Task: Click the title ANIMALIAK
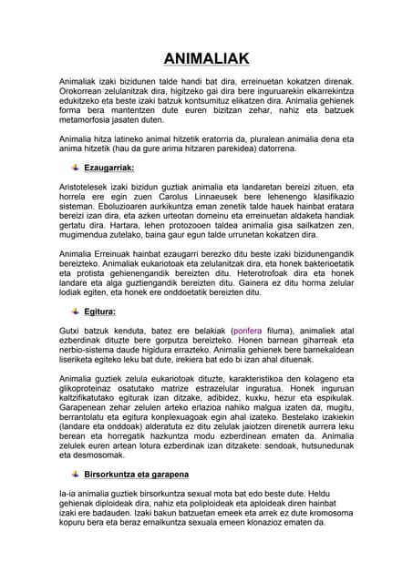coord(206,59)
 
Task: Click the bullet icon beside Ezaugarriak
coord(73,169)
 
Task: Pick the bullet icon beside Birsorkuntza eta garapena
coord(73,476)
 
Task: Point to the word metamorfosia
coord(88,119)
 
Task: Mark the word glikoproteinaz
coord(89,403)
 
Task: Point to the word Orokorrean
coord(87,91)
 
